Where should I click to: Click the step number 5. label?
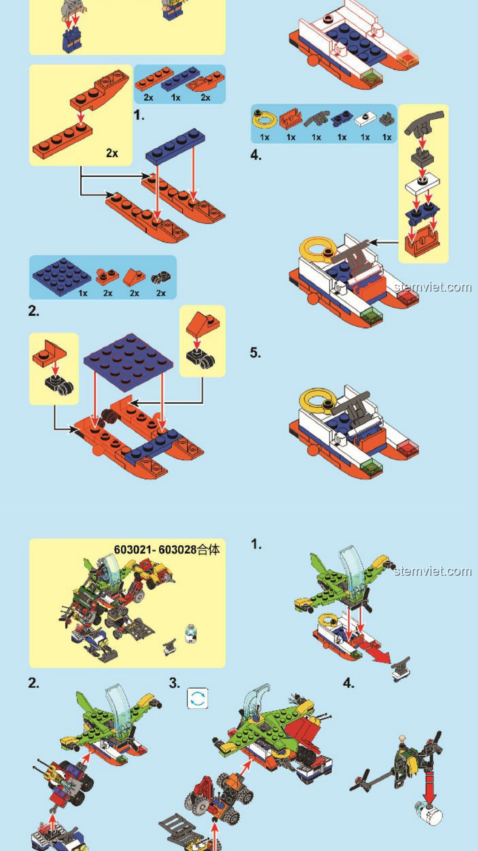(255, 353)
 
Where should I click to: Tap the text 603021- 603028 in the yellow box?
(155, 550)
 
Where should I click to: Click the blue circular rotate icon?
(197, 699)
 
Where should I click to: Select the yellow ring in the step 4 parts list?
(264, 119)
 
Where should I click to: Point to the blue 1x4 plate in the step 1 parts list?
(180, 78)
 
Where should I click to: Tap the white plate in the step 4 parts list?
(365, 119)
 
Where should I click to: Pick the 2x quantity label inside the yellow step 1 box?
(112, 153)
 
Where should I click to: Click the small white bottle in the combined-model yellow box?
(191, 633)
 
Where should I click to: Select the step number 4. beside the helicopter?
(349, 683)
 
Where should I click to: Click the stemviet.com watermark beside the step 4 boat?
(432, 287)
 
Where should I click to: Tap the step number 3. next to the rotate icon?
(175, 683)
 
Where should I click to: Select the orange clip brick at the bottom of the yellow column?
(422, 241)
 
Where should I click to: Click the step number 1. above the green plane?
(256, 544)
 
